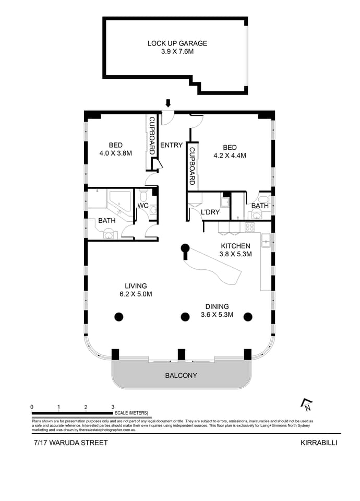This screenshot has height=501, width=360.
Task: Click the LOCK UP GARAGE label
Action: click(x=177, y=43)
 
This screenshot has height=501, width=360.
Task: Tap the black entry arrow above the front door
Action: click(x=167, y=103)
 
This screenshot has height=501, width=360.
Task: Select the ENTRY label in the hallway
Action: click(x=171, y=145)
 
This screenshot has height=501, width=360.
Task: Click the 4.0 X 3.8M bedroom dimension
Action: click(x=115, y=153)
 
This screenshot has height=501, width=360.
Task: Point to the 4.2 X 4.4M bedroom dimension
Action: click(x=230, y=155)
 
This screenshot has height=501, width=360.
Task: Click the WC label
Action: click(x=142, y=206)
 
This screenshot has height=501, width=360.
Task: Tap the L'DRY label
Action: click(x=210, y=212)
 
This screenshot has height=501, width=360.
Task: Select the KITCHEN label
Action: click(x=235, y=246)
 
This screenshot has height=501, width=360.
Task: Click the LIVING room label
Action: click(x=136, y=285)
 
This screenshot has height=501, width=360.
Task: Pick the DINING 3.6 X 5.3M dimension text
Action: click(x=218, y=315)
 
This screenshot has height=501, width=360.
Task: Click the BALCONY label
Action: click(x=181, y=375)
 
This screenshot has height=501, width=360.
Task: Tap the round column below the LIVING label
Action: click(x=119, y=316)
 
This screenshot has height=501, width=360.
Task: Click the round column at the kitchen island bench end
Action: click(x=185, y=248)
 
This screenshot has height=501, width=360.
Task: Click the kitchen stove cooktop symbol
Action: click(x=249, y=227)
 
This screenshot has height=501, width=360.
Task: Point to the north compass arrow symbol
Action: click(x=306, y=404)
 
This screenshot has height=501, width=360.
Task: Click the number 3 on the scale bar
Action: click(x=113, y=407)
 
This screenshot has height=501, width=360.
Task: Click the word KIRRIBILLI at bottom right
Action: click(x=319, y=443)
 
